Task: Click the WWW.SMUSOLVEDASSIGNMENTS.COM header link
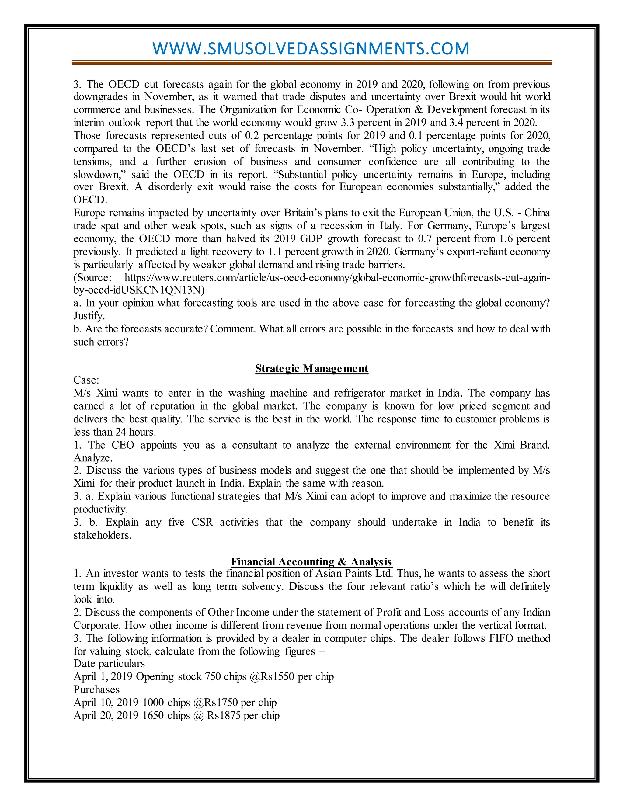311,49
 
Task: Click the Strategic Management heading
311,368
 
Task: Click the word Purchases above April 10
96,690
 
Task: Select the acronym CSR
202,522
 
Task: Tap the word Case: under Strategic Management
86,380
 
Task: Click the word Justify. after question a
89,316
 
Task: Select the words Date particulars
109,664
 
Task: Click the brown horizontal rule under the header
311,63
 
